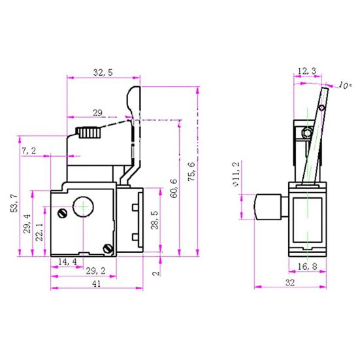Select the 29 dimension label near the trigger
click(x=98, y=113)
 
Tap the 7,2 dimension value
click(x=29, y=151)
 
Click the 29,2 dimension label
click(x=96, y=269)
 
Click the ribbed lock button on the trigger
click(x=90, y=133)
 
